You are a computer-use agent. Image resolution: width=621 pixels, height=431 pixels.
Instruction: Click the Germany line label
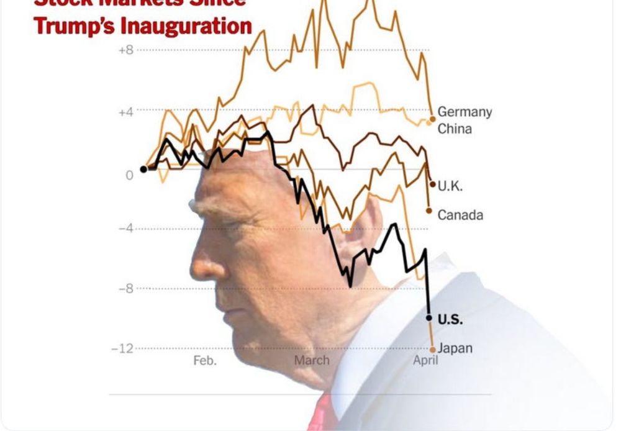(464, 112)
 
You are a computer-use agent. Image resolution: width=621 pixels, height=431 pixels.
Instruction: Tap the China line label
(455, 129)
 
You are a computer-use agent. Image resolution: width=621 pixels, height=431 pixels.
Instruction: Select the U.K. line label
(450, 186)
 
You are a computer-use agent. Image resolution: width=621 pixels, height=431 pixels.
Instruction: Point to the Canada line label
(460, 215)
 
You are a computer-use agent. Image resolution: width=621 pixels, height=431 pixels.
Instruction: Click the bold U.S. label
(450, 319)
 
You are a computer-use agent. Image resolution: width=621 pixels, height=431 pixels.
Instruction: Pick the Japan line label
(455, 348)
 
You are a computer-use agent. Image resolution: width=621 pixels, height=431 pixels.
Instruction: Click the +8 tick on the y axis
(125, 50)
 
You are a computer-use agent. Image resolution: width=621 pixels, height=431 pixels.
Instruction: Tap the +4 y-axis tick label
(125, 112)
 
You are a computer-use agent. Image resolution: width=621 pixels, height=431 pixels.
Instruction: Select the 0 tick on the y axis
(129, 175)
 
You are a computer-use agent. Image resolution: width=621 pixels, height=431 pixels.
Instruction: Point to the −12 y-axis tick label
(122, 348)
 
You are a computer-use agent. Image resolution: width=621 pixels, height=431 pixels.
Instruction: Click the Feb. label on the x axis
(205, 360)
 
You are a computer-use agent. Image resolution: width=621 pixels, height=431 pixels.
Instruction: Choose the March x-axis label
(312, 360)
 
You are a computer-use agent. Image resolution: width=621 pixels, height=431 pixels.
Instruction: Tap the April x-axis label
(425, 360)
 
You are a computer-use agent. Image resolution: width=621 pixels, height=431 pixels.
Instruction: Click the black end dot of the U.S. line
(428, 318)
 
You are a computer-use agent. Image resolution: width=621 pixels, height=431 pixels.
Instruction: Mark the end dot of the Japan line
(433, 350)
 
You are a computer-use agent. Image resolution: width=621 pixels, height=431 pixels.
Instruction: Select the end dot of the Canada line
(428, 211)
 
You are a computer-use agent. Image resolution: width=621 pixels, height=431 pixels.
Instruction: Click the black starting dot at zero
(143, 169)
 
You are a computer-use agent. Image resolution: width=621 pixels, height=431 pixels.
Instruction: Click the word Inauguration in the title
(186, 26)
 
